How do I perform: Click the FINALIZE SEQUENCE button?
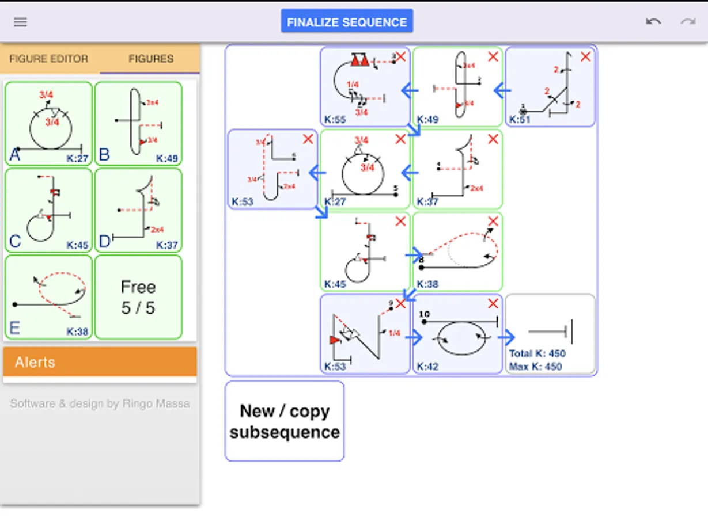[347, 22]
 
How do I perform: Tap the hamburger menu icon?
[21, 22]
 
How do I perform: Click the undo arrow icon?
[653, 22]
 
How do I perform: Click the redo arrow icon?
[688, 22]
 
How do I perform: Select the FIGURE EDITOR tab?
[49, 59]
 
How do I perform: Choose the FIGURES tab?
[151, 59]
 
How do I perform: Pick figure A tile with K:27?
[48, 123]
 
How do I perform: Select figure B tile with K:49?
[138, 123]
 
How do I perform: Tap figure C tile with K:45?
[48, 210]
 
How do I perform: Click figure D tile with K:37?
[138, 210]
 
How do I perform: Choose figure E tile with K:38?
[48, 297]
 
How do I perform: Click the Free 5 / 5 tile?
[138, 297]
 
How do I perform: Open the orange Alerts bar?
[100, 362]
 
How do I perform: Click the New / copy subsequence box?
[285, 421]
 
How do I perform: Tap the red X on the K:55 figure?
[400, 56]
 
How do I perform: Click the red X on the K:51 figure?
[585, 56]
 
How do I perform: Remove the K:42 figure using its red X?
[493, 303]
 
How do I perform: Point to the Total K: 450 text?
[537, 353]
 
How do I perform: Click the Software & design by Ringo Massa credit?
[100, 403]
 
